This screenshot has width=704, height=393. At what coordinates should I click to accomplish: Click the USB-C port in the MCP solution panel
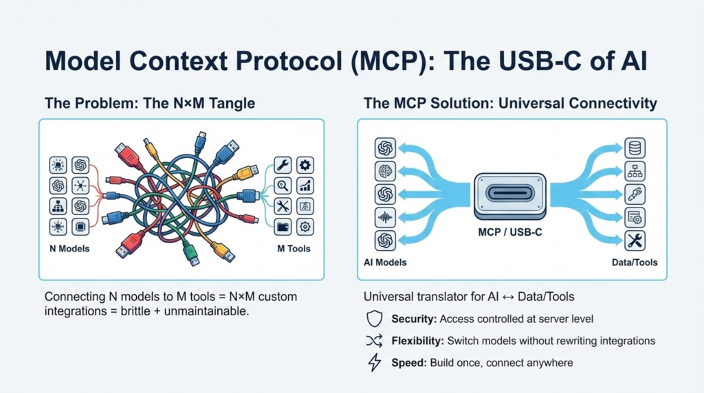509,192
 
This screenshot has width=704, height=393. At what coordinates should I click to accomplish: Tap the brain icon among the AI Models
385,171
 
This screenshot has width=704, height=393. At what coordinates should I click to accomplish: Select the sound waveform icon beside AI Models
385,217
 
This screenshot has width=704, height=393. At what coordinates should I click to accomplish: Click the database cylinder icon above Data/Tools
634,148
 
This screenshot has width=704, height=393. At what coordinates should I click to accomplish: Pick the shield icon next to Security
375,319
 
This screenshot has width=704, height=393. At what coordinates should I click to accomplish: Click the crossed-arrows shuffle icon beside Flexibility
375,341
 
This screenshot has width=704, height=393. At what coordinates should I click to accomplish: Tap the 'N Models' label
70,248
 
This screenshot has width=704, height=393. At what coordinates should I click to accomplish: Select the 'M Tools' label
294,248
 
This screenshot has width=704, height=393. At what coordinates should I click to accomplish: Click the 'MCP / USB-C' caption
509,232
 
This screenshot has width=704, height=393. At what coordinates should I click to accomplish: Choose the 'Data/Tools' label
634,262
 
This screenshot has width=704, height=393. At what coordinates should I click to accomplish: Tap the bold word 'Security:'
414,319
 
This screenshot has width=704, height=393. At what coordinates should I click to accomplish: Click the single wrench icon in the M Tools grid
283,164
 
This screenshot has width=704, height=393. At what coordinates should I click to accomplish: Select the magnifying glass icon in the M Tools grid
283,185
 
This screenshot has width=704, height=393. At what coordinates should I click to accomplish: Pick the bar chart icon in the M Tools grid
305,185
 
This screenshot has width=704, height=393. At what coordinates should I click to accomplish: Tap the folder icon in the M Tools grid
283,227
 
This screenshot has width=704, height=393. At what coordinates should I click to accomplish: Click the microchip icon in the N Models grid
80,227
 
